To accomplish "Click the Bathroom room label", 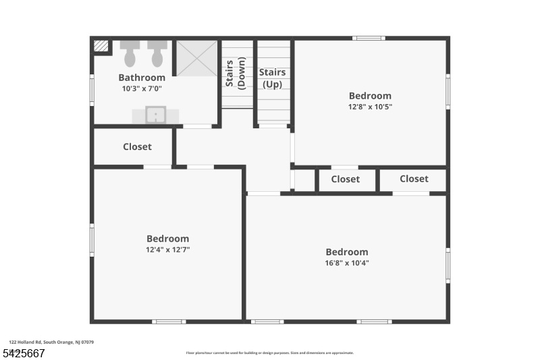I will (x=142, y=78).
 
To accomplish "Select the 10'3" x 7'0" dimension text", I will (x=142, y=88).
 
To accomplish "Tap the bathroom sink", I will (x=155, y=115).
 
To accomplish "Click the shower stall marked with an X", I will (x=197, y=58).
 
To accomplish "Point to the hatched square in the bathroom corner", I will (x=101, y=46).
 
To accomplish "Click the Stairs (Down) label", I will (x=236, y=72).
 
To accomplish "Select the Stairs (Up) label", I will (x=272, y=78).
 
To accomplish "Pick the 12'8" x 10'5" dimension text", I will (x=370, y=107).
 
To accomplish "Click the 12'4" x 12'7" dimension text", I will (x=168, y=249).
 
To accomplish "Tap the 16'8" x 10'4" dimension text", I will (x=347, y=263).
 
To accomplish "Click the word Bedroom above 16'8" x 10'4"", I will (x=347, y=252).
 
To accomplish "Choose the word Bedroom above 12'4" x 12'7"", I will (x=168, y=238).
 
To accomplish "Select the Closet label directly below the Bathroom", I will (x=137, y=147).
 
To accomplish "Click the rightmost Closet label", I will (x=414, y=179).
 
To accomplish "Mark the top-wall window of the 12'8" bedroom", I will (x=369, y=38).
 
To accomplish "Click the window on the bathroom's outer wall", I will (x=92, y=89).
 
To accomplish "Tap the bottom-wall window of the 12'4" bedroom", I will (x=169, y=322).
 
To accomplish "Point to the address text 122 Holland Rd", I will (x=51, y=342).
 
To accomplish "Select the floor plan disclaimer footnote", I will (x=269, y=353).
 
